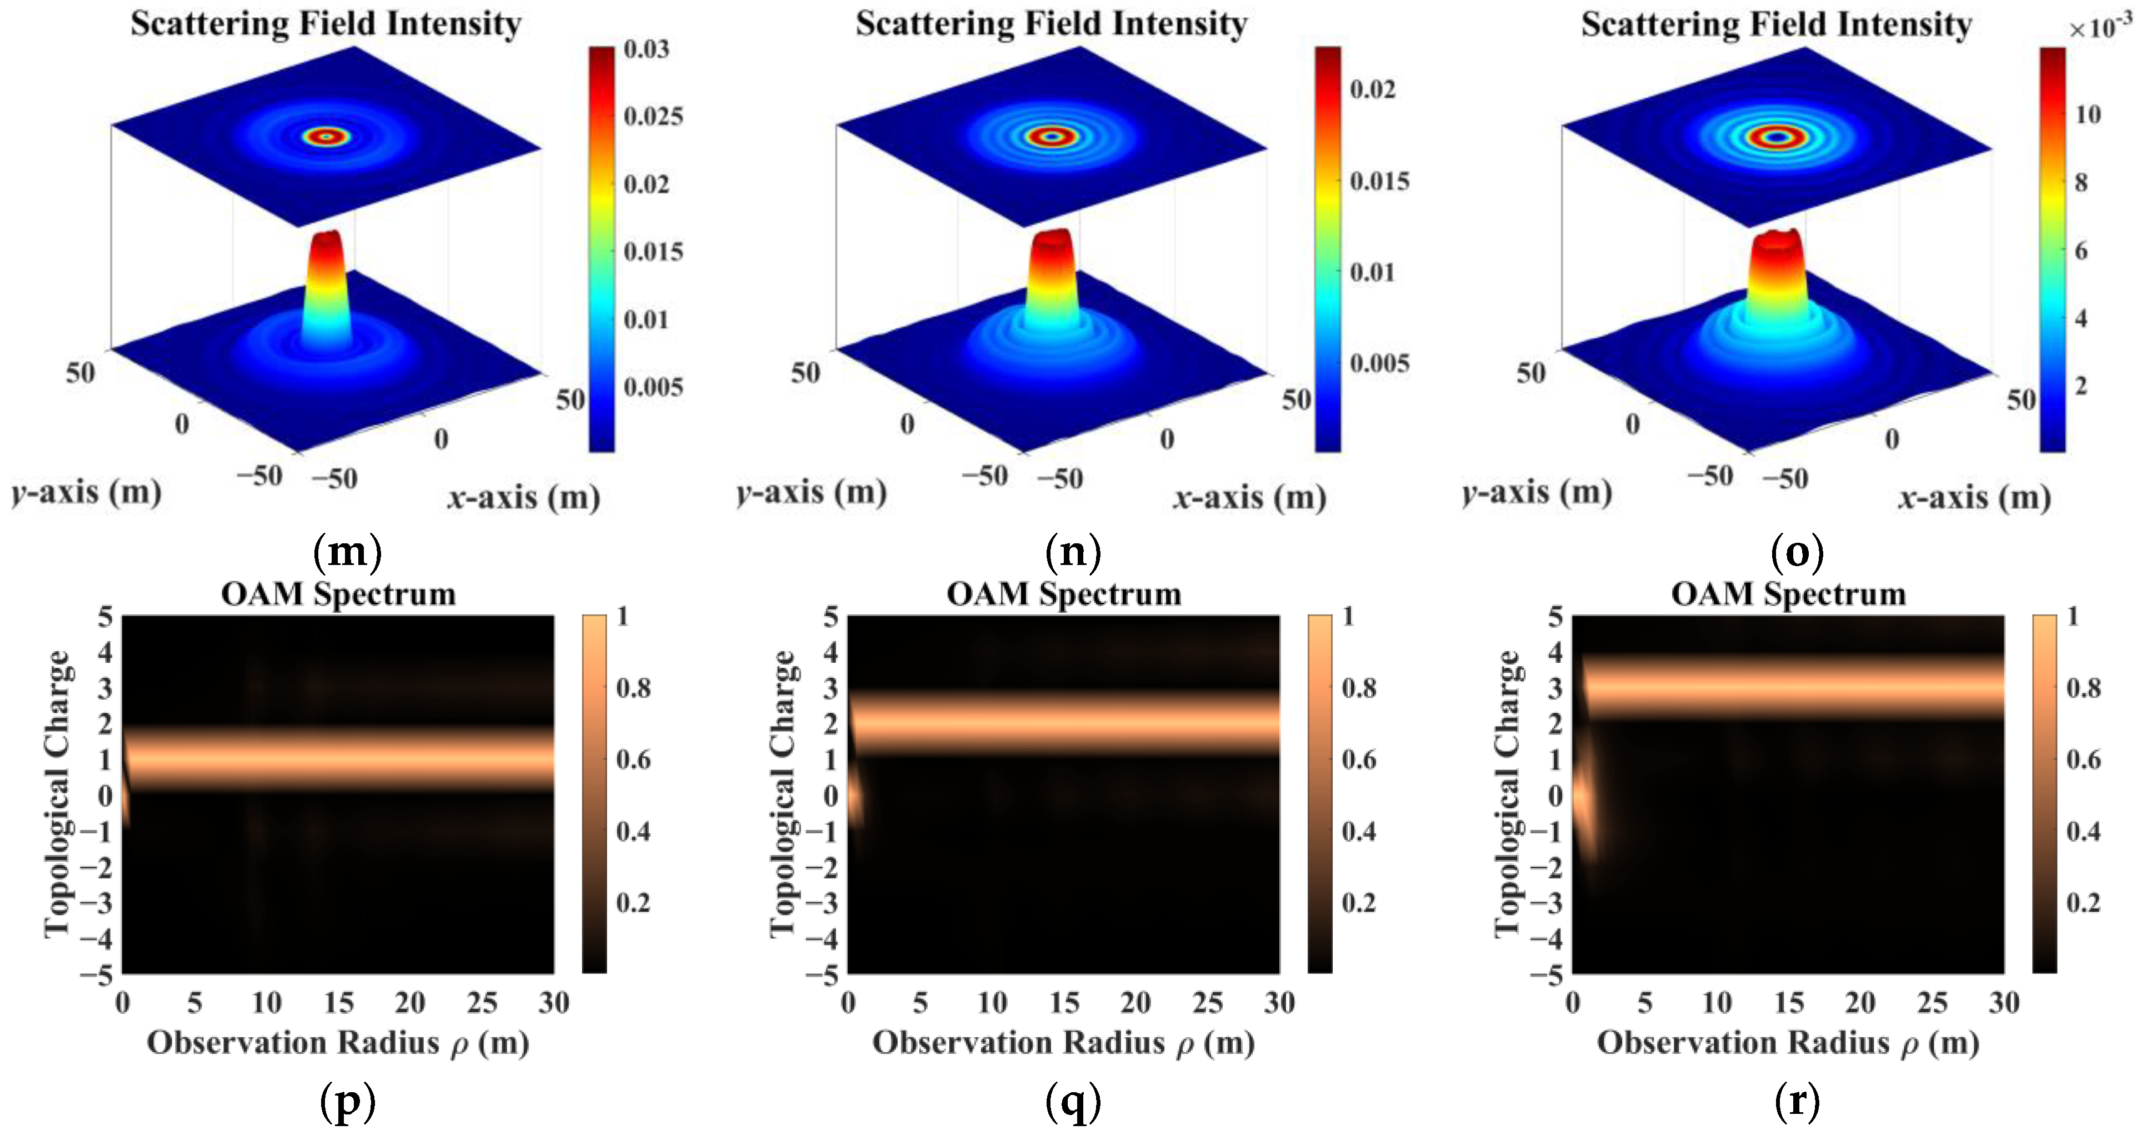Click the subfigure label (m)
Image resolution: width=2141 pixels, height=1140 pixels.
(x=347, y=551)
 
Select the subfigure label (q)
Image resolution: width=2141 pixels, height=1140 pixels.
(x=1073, y=1102)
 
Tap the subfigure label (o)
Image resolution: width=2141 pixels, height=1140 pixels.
(x=1797, y=551)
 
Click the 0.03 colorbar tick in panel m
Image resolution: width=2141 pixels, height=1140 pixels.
(x=647, y=49)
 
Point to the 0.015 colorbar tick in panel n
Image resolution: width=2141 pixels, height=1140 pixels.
(x=1379, y=181)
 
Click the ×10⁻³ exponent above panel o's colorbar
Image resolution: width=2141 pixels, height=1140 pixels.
(x=2099, y=27)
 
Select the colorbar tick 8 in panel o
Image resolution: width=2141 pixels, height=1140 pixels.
(x=2081, y=182)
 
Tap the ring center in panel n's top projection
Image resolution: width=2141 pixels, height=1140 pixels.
(x=1053, y=136)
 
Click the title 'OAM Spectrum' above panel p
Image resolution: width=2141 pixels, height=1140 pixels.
(x=338, y=594)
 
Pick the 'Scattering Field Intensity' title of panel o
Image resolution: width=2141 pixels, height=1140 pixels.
(x=1776, y=24)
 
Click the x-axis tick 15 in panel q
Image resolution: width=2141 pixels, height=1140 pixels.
(x=1064, y=1003)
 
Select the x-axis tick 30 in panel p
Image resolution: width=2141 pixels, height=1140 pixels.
(x=553, y=1003)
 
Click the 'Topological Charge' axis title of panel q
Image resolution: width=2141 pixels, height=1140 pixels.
(x=782, y=794)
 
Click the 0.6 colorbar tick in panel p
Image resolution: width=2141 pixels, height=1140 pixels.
(x=633, y=759)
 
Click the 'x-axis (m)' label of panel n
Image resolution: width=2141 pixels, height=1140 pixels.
(x=1249, y=498)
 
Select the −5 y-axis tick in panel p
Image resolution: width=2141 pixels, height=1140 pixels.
(x=97, y=974)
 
